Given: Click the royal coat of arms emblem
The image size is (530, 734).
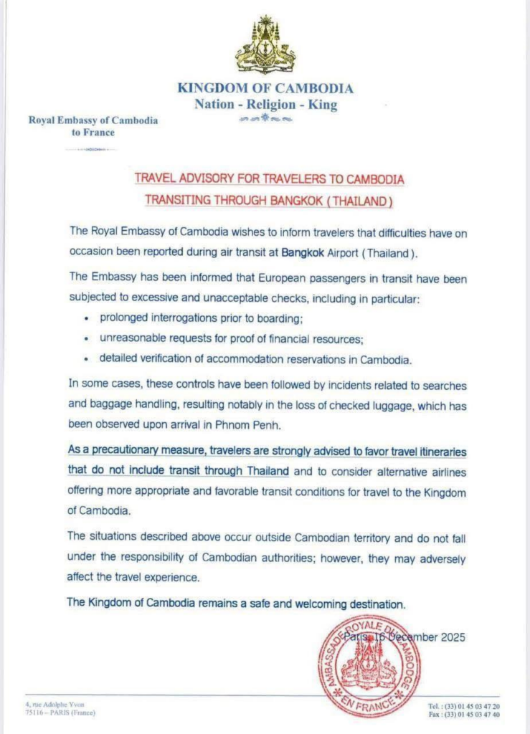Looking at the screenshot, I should tap(265, 44).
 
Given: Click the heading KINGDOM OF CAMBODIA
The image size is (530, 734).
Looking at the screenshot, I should tap(265, 89).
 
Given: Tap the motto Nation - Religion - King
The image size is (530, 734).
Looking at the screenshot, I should tap(265, 105).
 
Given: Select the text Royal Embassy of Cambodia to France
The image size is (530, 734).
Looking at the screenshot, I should tap(93, 126).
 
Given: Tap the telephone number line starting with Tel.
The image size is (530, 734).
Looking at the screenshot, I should tap(463, 706).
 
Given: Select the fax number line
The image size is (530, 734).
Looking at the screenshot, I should tap(463, 715).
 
